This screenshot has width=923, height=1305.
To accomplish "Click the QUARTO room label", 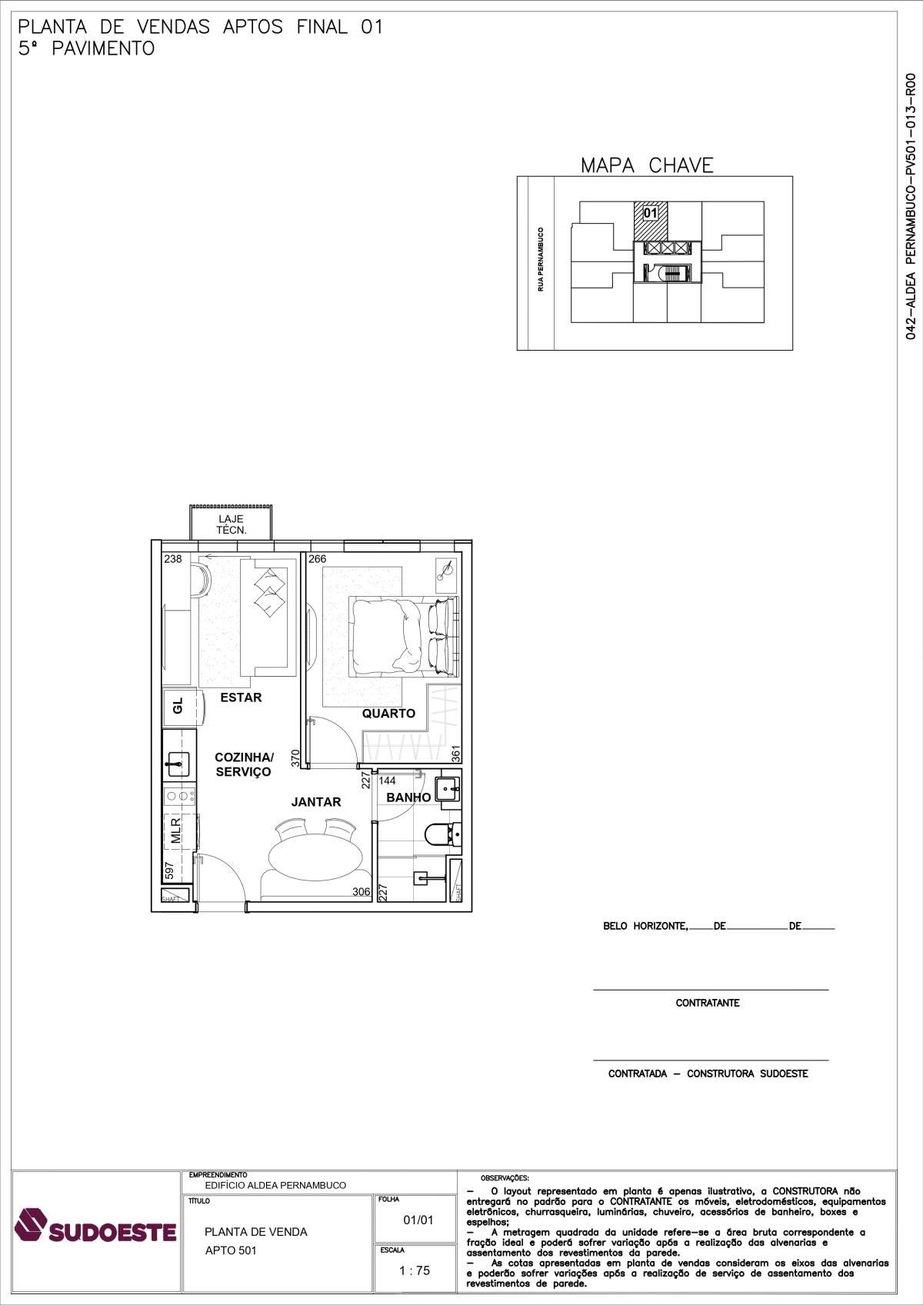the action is coord(388,713).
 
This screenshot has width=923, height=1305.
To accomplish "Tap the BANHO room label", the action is coord(408,797).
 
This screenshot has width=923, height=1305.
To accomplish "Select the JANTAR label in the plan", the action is coord(316,801).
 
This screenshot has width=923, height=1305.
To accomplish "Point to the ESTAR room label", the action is coord(241,697).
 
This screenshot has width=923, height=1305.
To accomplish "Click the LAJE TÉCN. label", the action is coord(232,524).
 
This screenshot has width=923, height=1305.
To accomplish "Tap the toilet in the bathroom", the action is coord(442,834).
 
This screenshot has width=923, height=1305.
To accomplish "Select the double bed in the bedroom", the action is coord(403,637).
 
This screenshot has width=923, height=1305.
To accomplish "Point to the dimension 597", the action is coord(169,871).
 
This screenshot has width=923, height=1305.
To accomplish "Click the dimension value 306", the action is coord(362,891).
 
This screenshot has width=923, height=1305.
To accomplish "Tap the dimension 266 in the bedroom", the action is coord(318,559).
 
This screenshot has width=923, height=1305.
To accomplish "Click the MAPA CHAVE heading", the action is coord(647,165).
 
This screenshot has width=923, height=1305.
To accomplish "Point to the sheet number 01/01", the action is coord(418,1220).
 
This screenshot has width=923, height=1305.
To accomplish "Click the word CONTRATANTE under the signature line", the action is coord(708,1003).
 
